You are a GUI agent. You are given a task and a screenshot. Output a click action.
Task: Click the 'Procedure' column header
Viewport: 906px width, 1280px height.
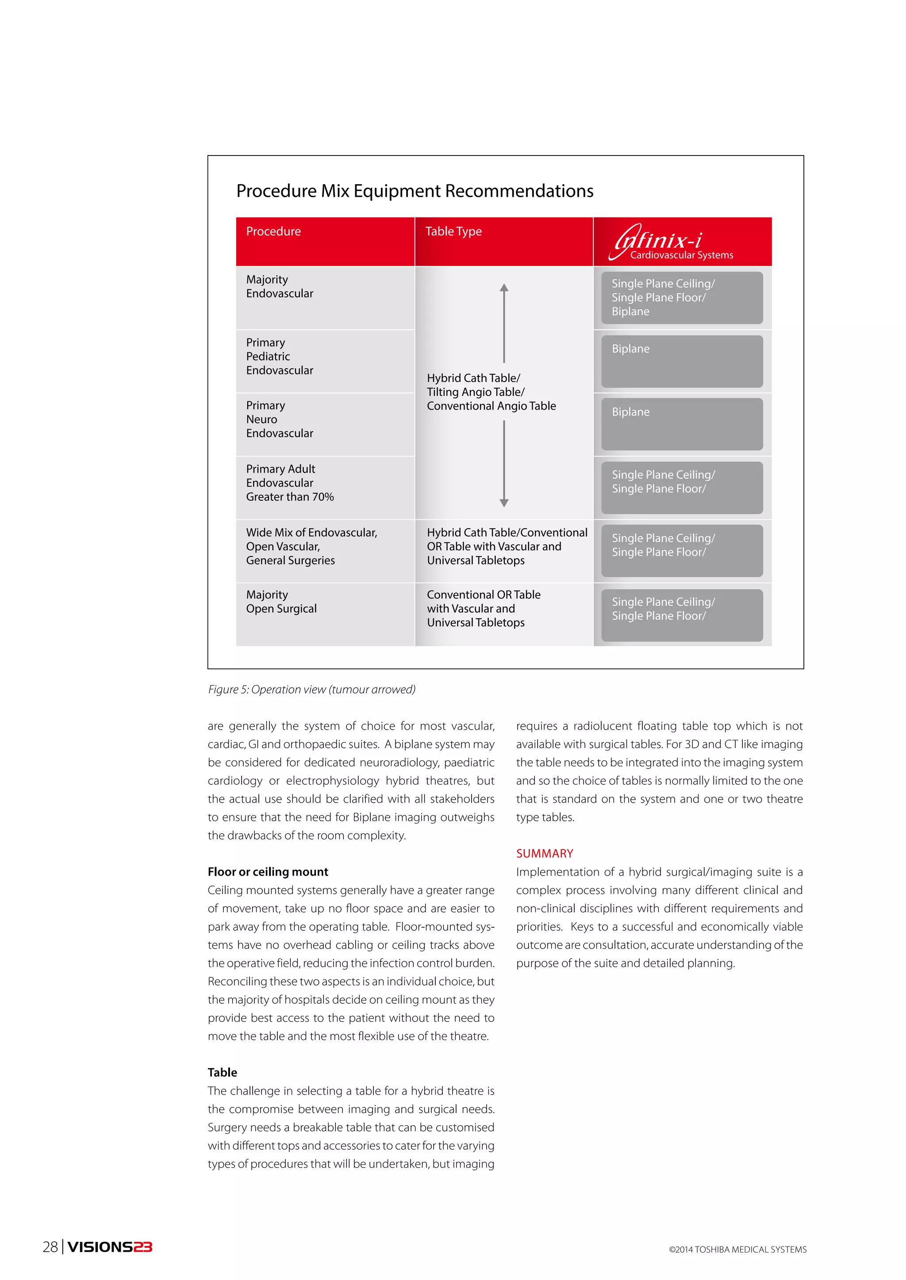(273, 231)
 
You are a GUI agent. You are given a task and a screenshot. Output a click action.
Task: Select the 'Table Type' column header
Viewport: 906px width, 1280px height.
(453, 231)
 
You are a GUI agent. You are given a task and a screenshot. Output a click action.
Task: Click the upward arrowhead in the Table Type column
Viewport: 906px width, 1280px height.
(504, 288)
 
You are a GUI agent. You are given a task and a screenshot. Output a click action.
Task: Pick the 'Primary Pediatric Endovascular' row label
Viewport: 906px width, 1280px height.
(280, 356)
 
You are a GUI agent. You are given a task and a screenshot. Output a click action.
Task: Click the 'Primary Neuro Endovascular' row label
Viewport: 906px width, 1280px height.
(280, 419)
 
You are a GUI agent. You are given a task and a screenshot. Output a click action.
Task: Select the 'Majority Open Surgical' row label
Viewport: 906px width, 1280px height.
(281, 602)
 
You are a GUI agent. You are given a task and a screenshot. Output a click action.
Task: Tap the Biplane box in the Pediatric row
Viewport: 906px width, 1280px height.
(682, 361)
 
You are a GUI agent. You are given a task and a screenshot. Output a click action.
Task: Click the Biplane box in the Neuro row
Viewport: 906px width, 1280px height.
(682, 424)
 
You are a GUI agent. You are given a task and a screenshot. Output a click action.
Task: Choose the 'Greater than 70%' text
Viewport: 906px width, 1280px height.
(290, 497)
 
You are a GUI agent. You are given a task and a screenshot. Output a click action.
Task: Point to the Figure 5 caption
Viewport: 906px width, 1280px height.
(312, 690)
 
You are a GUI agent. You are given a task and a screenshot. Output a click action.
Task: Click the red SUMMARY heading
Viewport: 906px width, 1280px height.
(545, 853)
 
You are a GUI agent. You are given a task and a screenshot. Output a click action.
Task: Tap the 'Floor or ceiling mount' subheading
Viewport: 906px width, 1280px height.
(268, 872)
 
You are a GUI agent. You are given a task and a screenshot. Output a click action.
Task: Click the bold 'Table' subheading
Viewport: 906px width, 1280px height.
(222, 1073)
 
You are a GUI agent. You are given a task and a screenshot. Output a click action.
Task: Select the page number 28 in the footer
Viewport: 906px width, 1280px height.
(50, 1247)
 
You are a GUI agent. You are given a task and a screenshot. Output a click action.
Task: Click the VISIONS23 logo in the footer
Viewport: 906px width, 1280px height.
(110, 1247)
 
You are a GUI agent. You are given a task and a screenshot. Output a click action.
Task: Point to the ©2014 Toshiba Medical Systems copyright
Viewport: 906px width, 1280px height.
(737, 1250)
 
